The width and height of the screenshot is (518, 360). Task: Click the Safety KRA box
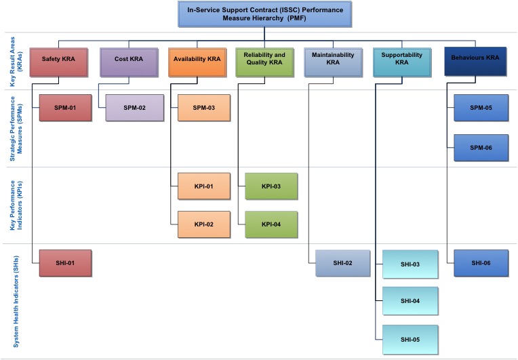(60, 60)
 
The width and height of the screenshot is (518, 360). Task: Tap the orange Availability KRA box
(197, 60)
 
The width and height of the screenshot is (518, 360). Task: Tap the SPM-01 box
(64, 108)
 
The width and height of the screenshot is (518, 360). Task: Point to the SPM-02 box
(134, 108)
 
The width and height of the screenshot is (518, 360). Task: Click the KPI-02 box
(204, 224)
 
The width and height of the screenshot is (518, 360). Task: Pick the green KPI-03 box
(271, 186)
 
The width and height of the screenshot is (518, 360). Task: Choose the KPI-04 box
(271, 224)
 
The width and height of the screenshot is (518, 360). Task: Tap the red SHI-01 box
(64, 263)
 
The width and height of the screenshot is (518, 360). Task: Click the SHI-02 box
(342, 263)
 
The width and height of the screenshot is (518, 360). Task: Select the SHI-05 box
(410, 339)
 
